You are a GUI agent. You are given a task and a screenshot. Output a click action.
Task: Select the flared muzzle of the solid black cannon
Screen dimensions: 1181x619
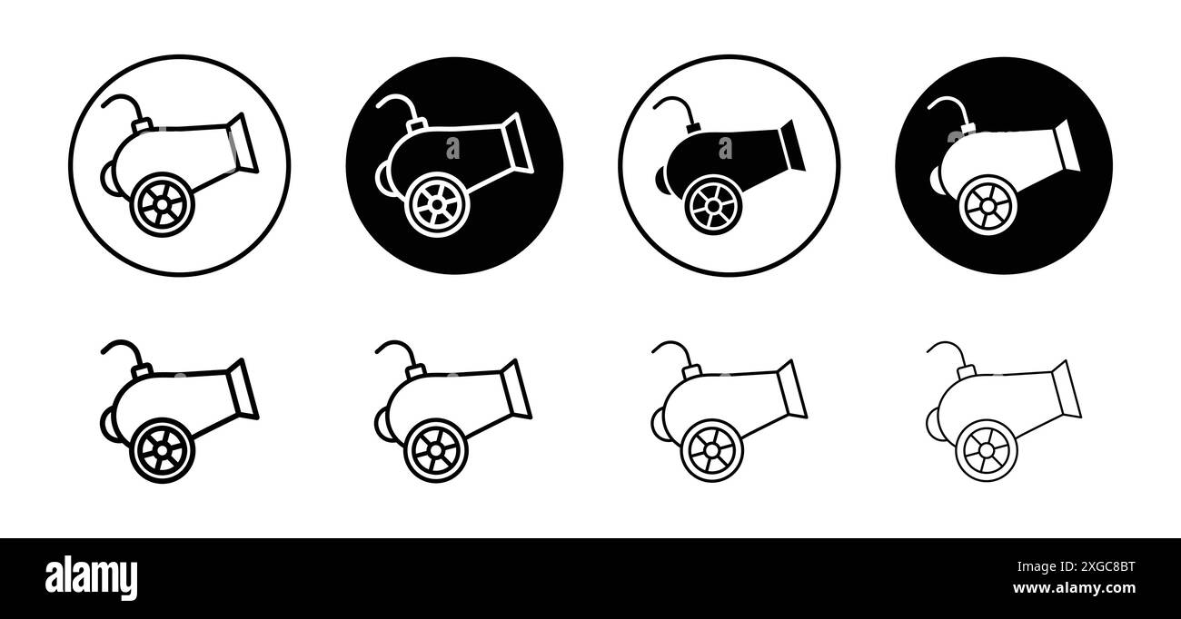pyautogui.click(x=791, y=145)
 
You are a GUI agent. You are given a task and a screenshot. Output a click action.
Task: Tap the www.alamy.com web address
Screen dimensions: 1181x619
pyautogui.click(x=1074, y=587)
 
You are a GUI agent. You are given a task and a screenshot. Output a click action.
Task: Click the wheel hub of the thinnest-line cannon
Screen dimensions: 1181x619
pyautogui.click(x=986, y=450)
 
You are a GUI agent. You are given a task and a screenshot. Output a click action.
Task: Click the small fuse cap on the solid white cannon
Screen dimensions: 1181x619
pyautogui.click(x=968, y=128)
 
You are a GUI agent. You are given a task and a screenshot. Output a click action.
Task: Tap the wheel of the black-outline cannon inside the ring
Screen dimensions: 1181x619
pyautogui.click(x=163, y=204)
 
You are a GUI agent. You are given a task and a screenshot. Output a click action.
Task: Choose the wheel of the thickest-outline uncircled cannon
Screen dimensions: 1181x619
pyautogui.click(x=163, y=450)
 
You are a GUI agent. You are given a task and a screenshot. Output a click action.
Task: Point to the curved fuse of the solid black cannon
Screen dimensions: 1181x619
pyautogui.click(x=673, y=107)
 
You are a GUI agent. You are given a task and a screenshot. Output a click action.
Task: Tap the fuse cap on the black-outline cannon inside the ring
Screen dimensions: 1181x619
pyautogui.click(x=142, y=125)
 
